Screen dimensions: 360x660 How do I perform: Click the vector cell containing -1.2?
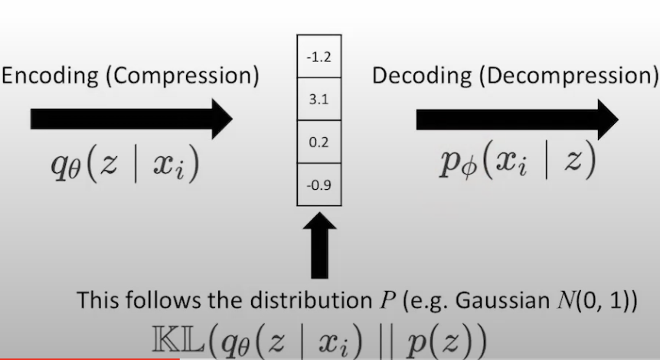[x=319, y=57]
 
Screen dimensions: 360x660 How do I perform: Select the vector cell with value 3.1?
[x=319, y=100]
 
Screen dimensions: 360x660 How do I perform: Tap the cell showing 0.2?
[x=319, y=142]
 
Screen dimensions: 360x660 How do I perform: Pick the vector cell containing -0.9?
[x=319, y=185]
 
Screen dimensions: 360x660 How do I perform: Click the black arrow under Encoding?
[x=131, y=119]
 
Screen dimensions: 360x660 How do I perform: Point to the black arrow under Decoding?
[x=517, y=119]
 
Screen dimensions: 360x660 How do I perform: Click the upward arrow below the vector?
[x=319, y=245]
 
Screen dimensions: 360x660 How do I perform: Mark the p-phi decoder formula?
[x=518, y=162]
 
